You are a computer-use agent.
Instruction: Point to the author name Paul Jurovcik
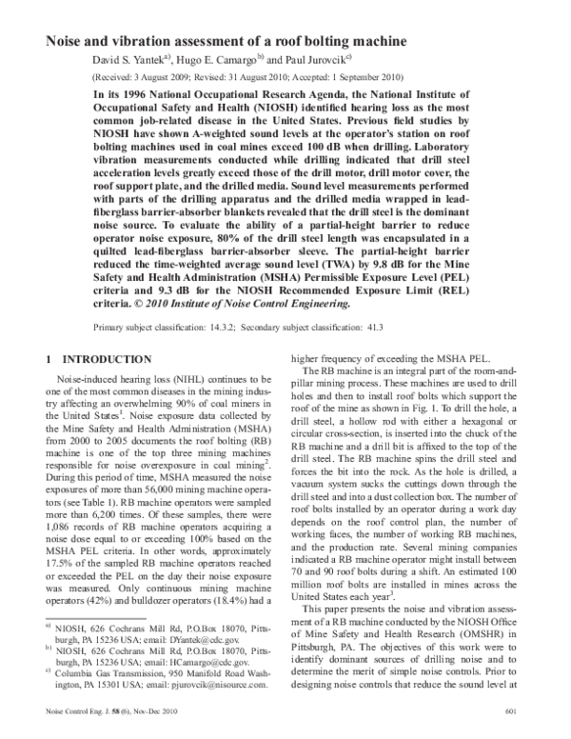330,60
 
